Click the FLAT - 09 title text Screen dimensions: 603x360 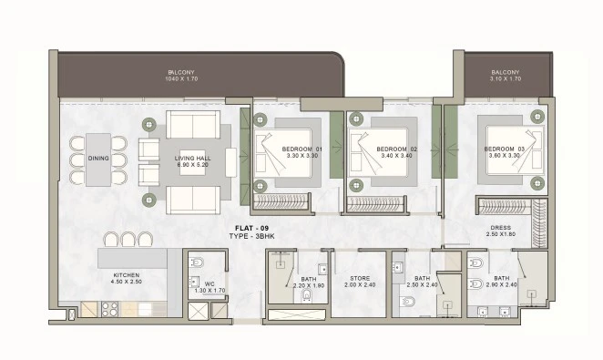[x=251, y=229]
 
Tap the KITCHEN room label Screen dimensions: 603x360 [x=126, y=275]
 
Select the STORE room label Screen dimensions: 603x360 [x=360, y=278]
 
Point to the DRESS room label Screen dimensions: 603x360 [x=501, y=228]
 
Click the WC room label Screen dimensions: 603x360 [x=210, y=284]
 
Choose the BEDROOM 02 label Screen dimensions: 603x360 [x=396, y=149]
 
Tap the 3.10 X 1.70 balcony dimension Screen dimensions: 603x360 [x=506, y=79]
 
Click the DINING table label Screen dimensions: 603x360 [x=98, y=158]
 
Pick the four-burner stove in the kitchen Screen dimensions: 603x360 [x=109, y=309]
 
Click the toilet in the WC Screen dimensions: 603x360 [x=198, y=263]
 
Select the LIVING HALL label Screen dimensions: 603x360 [x=193, y=158]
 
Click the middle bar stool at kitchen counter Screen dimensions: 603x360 [x=128, y=239]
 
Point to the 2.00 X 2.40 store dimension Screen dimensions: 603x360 [x=360, y=285]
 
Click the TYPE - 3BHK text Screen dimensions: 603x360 [x=251, y=236]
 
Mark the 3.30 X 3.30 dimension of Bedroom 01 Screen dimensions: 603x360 [x=301, y=156]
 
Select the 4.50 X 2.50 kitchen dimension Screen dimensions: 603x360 [x=126, y=282]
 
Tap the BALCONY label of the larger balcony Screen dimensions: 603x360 [x=181, y=72]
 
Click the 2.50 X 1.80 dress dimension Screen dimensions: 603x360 [x=501, y=234]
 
